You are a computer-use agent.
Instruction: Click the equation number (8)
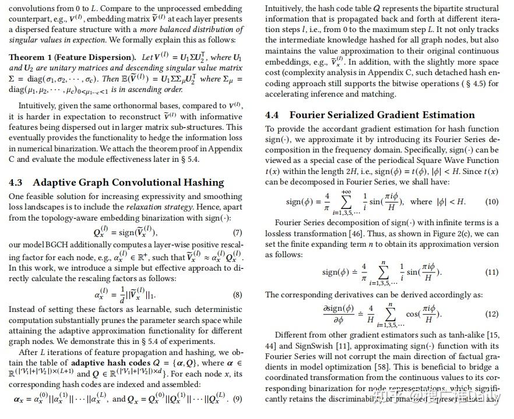click(x=238, y=294)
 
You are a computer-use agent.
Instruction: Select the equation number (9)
click(x=238, y=399)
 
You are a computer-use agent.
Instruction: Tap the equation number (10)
click(x=492, y=201)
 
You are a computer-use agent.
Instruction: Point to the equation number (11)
click(x=492, y=272)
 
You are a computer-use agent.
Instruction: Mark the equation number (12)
click(x=492, y=314)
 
